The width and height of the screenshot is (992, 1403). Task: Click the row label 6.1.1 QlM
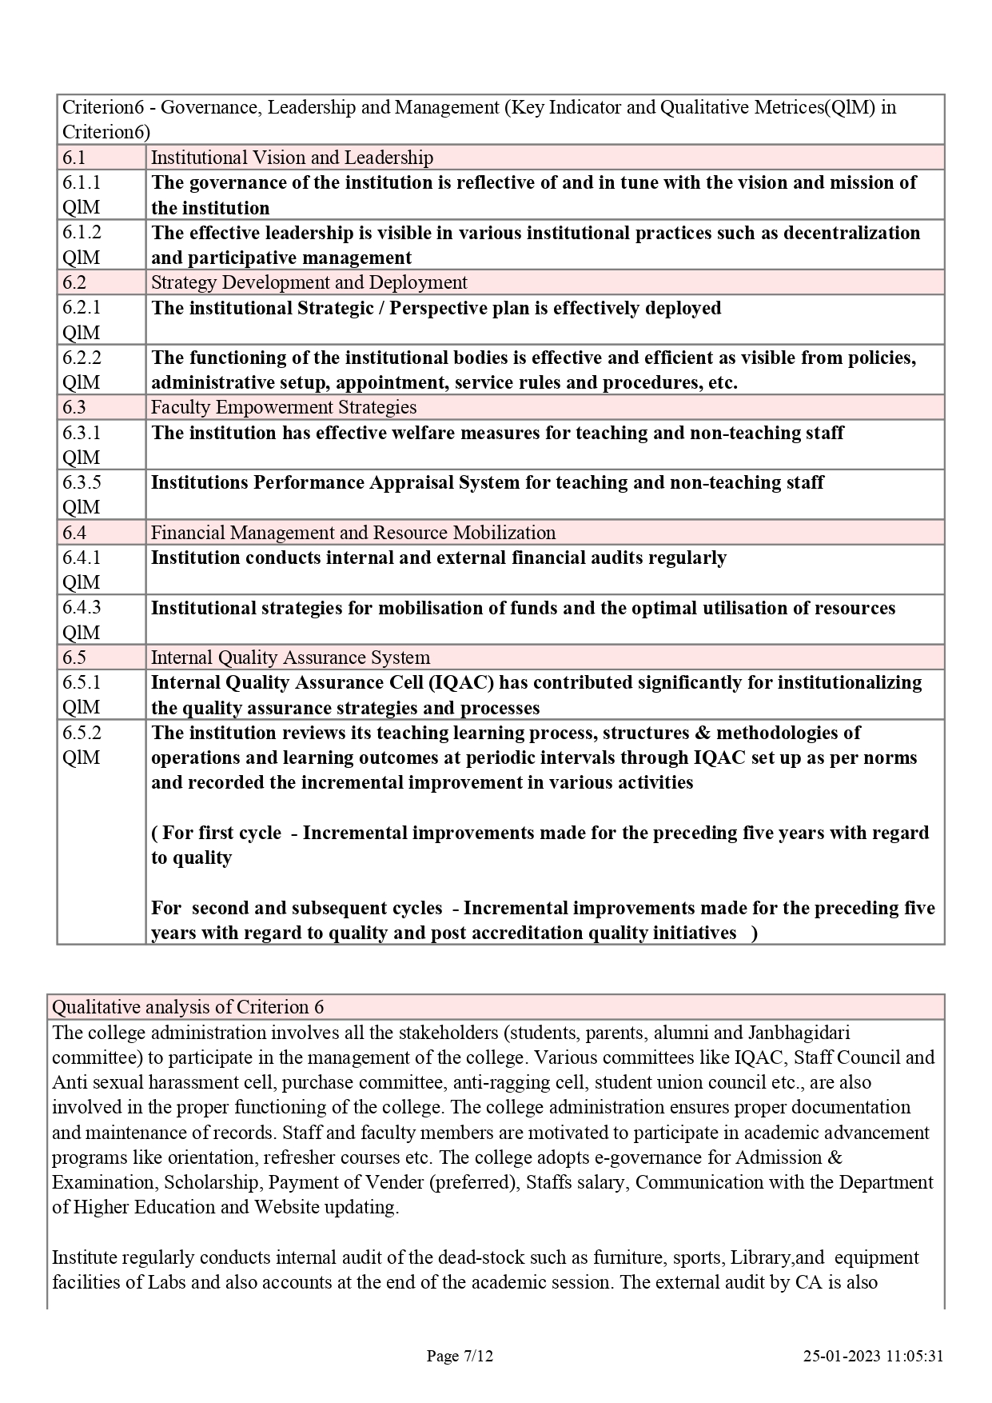pyautogui.click(x=82, y=194)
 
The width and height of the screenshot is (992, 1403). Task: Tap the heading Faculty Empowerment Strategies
pyautogui.click(x=284, y=407)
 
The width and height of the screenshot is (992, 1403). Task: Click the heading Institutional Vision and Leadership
pyautogui.click(x=292, y=158)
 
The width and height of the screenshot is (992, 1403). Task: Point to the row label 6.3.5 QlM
pyautogui.click(x=82, y=494)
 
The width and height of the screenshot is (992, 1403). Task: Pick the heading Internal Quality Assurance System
pyautogui.click(x=290, y=658)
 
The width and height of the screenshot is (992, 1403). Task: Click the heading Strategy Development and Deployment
pyautogui.click(x=309, y=282)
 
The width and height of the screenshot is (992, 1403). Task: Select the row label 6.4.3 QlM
pyautogui.click(x=82, y=619)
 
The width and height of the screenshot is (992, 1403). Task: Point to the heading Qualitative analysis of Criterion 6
pyautogui.click(x=188, y=1007)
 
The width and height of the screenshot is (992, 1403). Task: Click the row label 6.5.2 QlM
pyautogui.click(x=82, y=745)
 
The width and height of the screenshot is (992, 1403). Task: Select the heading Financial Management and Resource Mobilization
pyautogui.click(x=353, y=533)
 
